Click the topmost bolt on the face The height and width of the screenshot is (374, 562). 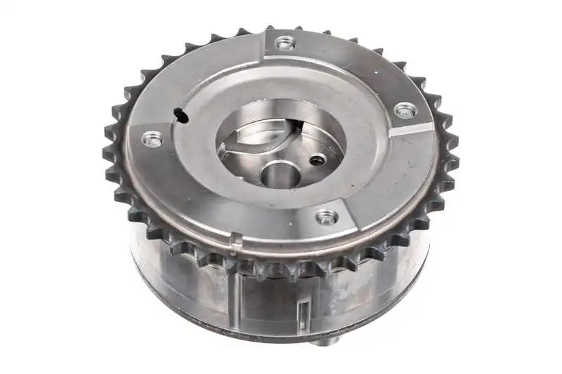(x=285, y=44)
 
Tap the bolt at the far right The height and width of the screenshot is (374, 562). (x=405, y=110)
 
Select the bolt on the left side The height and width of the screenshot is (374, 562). (x=152, y=138)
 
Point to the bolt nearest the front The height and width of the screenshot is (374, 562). (x=326, y=217)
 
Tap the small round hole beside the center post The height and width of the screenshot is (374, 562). (x=318, y=161)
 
